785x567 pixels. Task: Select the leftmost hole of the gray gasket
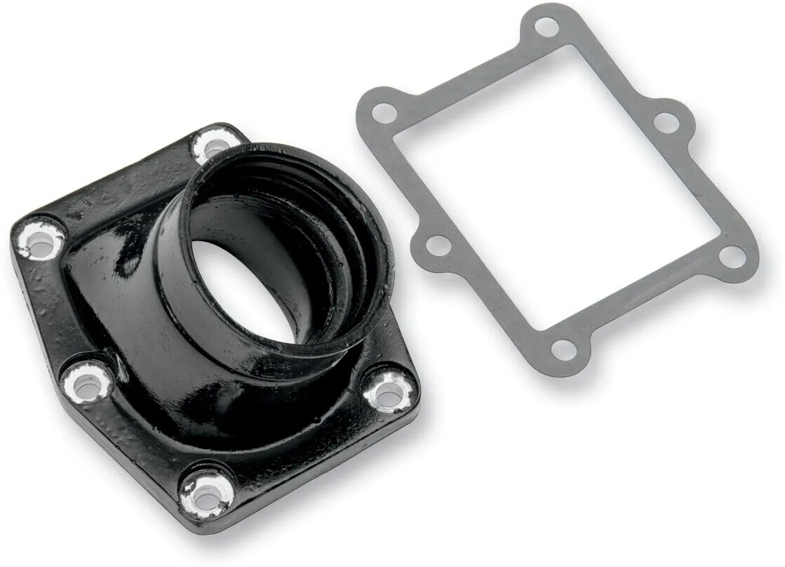coord(384,112)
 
